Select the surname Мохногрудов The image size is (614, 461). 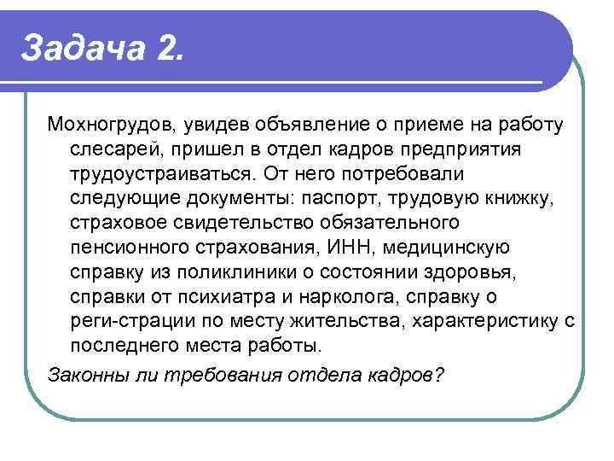coord(110,126)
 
